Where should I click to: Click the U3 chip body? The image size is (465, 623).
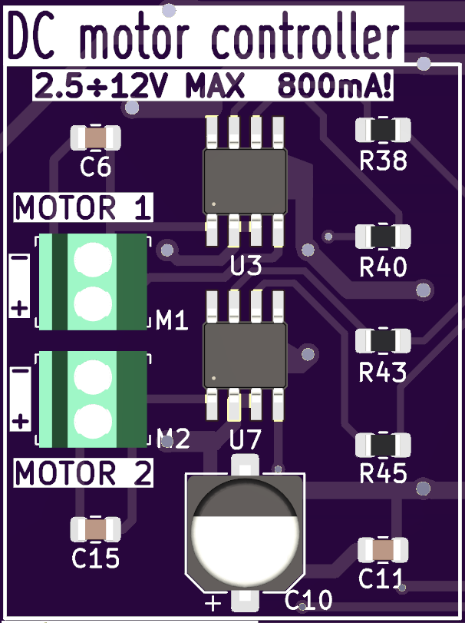pos(244,181)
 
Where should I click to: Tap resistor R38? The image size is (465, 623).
pos(383,131)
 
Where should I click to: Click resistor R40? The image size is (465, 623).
pos(383,237)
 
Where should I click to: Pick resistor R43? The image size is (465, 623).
pos(383,341)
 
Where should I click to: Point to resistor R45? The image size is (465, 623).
pos(383,446)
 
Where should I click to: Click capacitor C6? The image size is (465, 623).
pos(95,138)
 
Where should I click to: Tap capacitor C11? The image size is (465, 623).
pos(383,549)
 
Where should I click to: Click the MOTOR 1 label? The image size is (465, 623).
pos(83,208)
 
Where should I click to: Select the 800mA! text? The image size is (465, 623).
pos(335,85)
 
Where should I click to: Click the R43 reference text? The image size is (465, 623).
pos(383,373)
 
